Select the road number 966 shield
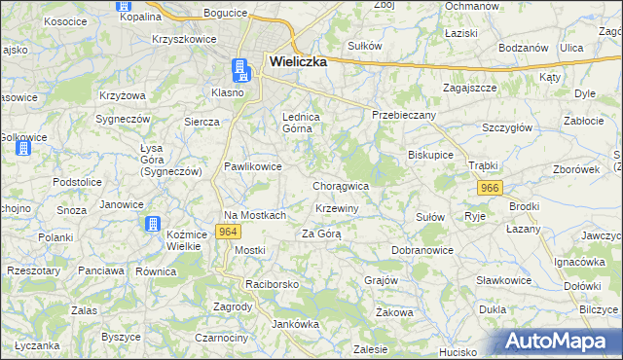click(x=489, y=188)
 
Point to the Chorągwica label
click(x=340, y=185)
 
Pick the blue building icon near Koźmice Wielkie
click(x=153, y=225)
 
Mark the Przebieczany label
click(x=404, y=115)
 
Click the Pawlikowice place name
click(x=253, y=166)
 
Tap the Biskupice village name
click(x=431, y=154)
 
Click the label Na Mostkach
click(x=255, y=215)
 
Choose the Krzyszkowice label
click(x=182, y=39)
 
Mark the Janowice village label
click(x=122, y=204)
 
